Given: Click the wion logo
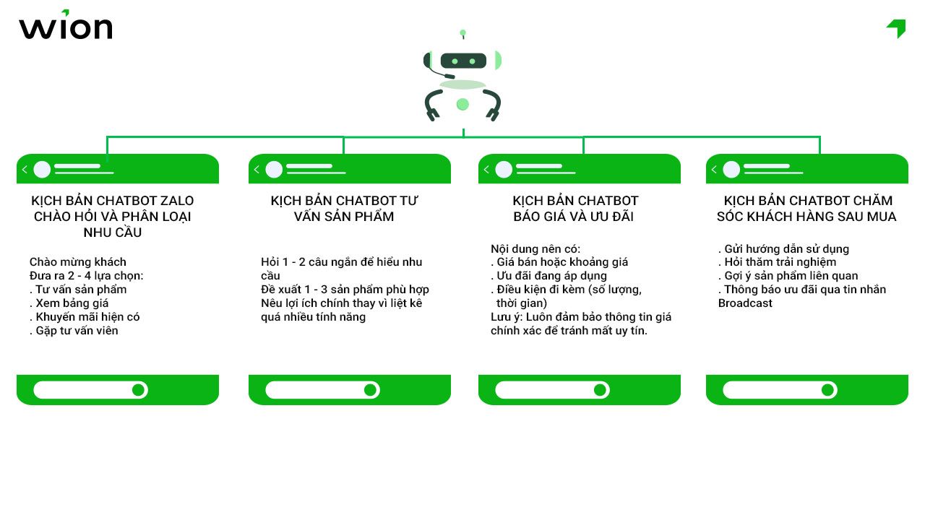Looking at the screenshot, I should pyautogui.click(x=65, y=26).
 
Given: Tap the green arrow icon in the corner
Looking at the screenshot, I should pyautogui.click(x=897, y=28).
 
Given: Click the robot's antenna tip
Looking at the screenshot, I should pyautogui.click(x=463, y=32).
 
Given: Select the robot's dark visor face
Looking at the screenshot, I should pyautogui.click(x=463, y=61).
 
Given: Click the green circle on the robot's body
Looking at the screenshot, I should pyautogui.click(x=462, y=105).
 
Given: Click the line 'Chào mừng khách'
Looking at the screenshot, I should pyautogui.click(x=77, y=262).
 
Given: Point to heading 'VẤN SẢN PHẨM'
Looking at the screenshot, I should pyautogui.click(x=344, y=217).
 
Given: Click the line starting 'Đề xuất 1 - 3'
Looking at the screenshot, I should pyautogui.click(x=345, y=290).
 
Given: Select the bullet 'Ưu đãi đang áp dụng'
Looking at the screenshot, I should pyautogui.click(x=551, y=276).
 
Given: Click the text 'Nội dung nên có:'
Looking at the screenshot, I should pyautogui.click(x=535, y=248).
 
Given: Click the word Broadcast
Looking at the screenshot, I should pyautogui.click(x=745, y=303).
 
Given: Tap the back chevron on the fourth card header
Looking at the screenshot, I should pyautogui.click(x=714, y=170).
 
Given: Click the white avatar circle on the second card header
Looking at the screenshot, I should pyautogui.click(x=274, y=170).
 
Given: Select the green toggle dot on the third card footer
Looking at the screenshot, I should pyautogui.click(x=600, y=390).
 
